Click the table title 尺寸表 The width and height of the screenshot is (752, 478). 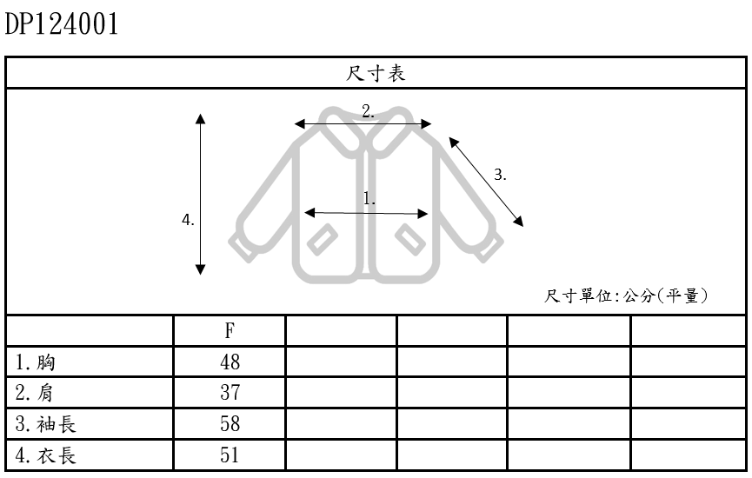(376, 75)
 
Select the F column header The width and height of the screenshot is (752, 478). (230, 331)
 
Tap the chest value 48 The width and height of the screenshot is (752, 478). (230, 362)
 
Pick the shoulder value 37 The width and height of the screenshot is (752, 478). (230, 393)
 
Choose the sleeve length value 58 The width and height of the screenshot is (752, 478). (230, 424)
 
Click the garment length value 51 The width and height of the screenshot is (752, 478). (230, 455)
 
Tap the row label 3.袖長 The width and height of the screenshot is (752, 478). (47, 424)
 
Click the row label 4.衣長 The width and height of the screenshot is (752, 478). (47, 455)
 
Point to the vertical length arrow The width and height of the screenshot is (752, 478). (201, 195)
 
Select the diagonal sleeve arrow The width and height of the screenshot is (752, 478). (487, 182)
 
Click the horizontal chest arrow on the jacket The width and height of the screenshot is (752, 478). (367, 212)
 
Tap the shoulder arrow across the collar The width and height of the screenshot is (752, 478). (364, 123)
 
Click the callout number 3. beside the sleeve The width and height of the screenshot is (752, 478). (500, 173)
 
